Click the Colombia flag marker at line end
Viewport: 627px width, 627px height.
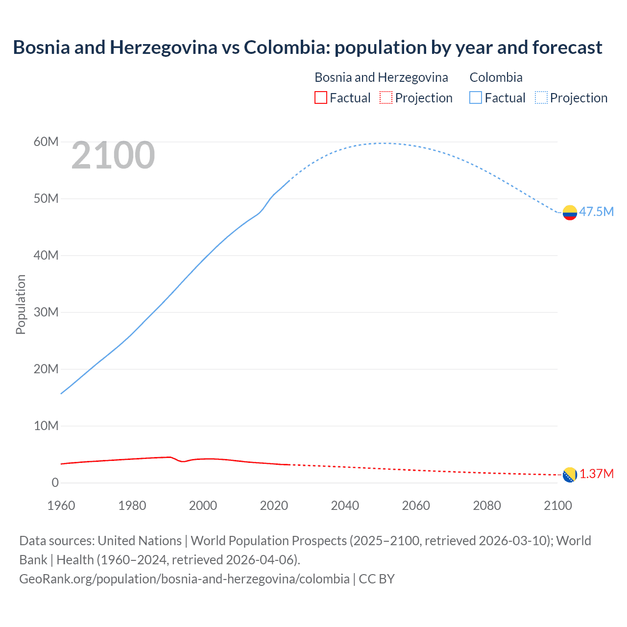pos(570,213)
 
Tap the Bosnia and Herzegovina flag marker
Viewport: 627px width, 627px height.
pos(570,475)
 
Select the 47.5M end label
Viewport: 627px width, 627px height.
pos(596,212)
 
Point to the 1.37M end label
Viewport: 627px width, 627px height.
pos(597,474)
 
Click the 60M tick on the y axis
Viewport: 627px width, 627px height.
pos(46,142)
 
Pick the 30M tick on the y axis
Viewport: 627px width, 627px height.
pos(46,313)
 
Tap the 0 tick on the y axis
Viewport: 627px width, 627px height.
pos(55,483)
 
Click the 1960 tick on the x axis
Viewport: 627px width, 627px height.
pos(61,506)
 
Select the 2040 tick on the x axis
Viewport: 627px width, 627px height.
pos(345,506)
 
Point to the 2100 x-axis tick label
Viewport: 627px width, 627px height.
pos(557,506)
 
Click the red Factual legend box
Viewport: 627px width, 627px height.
pos(320,98)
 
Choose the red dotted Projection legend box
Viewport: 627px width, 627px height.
pos(386,98)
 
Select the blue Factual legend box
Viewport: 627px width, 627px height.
pos(476,98)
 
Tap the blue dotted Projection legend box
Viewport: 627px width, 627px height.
pos(541,98)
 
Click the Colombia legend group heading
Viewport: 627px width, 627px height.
pos(496,77)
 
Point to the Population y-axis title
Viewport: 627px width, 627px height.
pos(21,304)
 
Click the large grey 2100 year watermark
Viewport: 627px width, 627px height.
pos(113,156)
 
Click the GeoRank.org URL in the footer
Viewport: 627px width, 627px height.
pos(184,579)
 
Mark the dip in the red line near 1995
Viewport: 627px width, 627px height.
pos(183,461)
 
